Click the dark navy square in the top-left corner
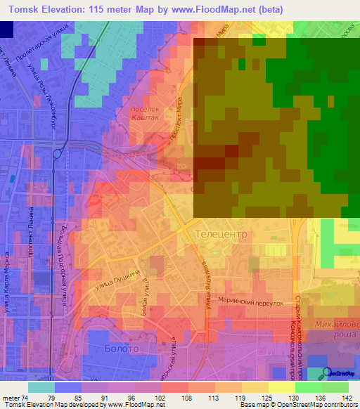coord(6,29)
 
